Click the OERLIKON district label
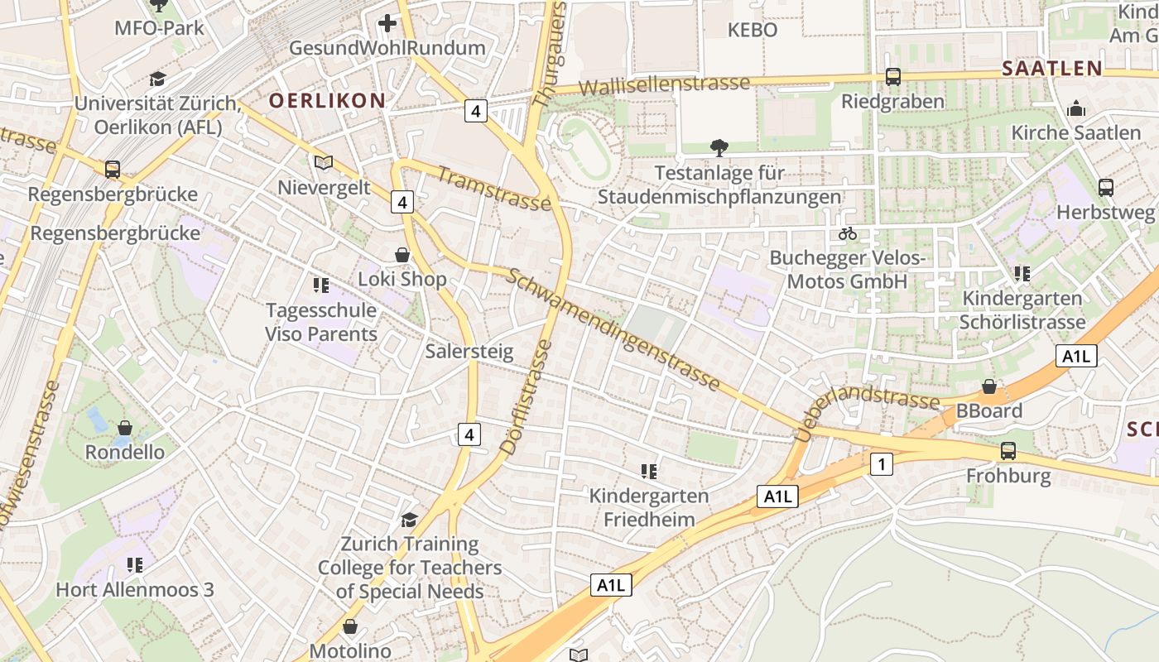[327, 101]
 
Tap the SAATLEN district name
[1051, 69]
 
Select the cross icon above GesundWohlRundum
[387, 23]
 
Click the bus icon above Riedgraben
[892, 77]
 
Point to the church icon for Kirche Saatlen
[1075, 108]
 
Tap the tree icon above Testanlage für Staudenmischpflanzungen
[719, 148]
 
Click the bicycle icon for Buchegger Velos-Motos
[847, 233]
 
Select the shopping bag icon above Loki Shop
[402, 255]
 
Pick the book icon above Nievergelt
[323, 162]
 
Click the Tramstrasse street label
[493, 189]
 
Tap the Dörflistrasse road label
[525, 397]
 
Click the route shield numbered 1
[882, 464]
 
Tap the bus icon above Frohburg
[1008, 451]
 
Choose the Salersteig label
[469, 351]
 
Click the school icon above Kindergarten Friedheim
[648, 472]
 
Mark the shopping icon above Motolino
[349, 626]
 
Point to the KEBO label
[752, 30]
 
